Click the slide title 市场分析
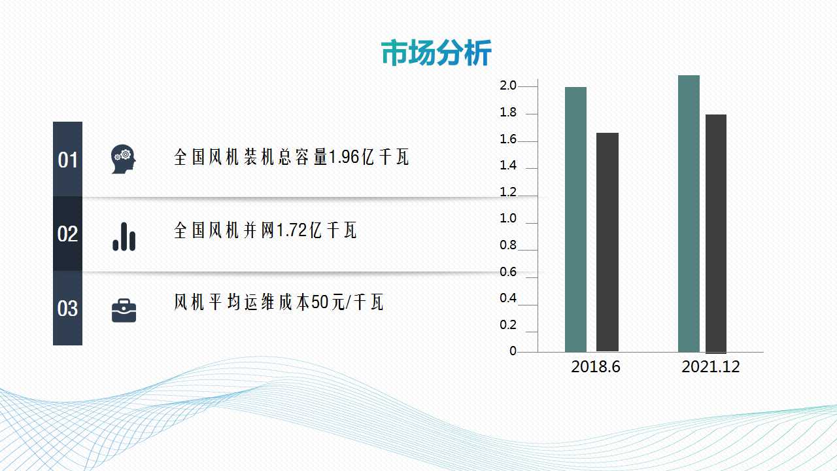(x=436, y=53)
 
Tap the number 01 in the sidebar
(x=67, y=160)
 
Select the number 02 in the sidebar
(x=67, y=234)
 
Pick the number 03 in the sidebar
(x=67, y=309)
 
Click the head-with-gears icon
(x=124, y=159)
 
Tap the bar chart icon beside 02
(x=124, y=237)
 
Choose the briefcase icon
(x=124, y=310)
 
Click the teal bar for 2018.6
(x=575, y=219)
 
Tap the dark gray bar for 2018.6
(x=607, y=242)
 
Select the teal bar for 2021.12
(x=689, y=213)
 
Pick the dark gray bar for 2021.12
(x=716, y=234)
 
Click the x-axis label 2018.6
(x=596, y=367)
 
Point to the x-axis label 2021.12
(x=711, y=367)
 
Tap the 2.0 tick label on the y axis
(x=508, y=86)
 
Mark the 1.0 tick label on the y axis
(x=508, y=218)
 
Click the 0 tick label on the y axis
(x=513, y=351)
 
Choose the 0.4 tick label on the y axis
(x=508, y=298)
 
